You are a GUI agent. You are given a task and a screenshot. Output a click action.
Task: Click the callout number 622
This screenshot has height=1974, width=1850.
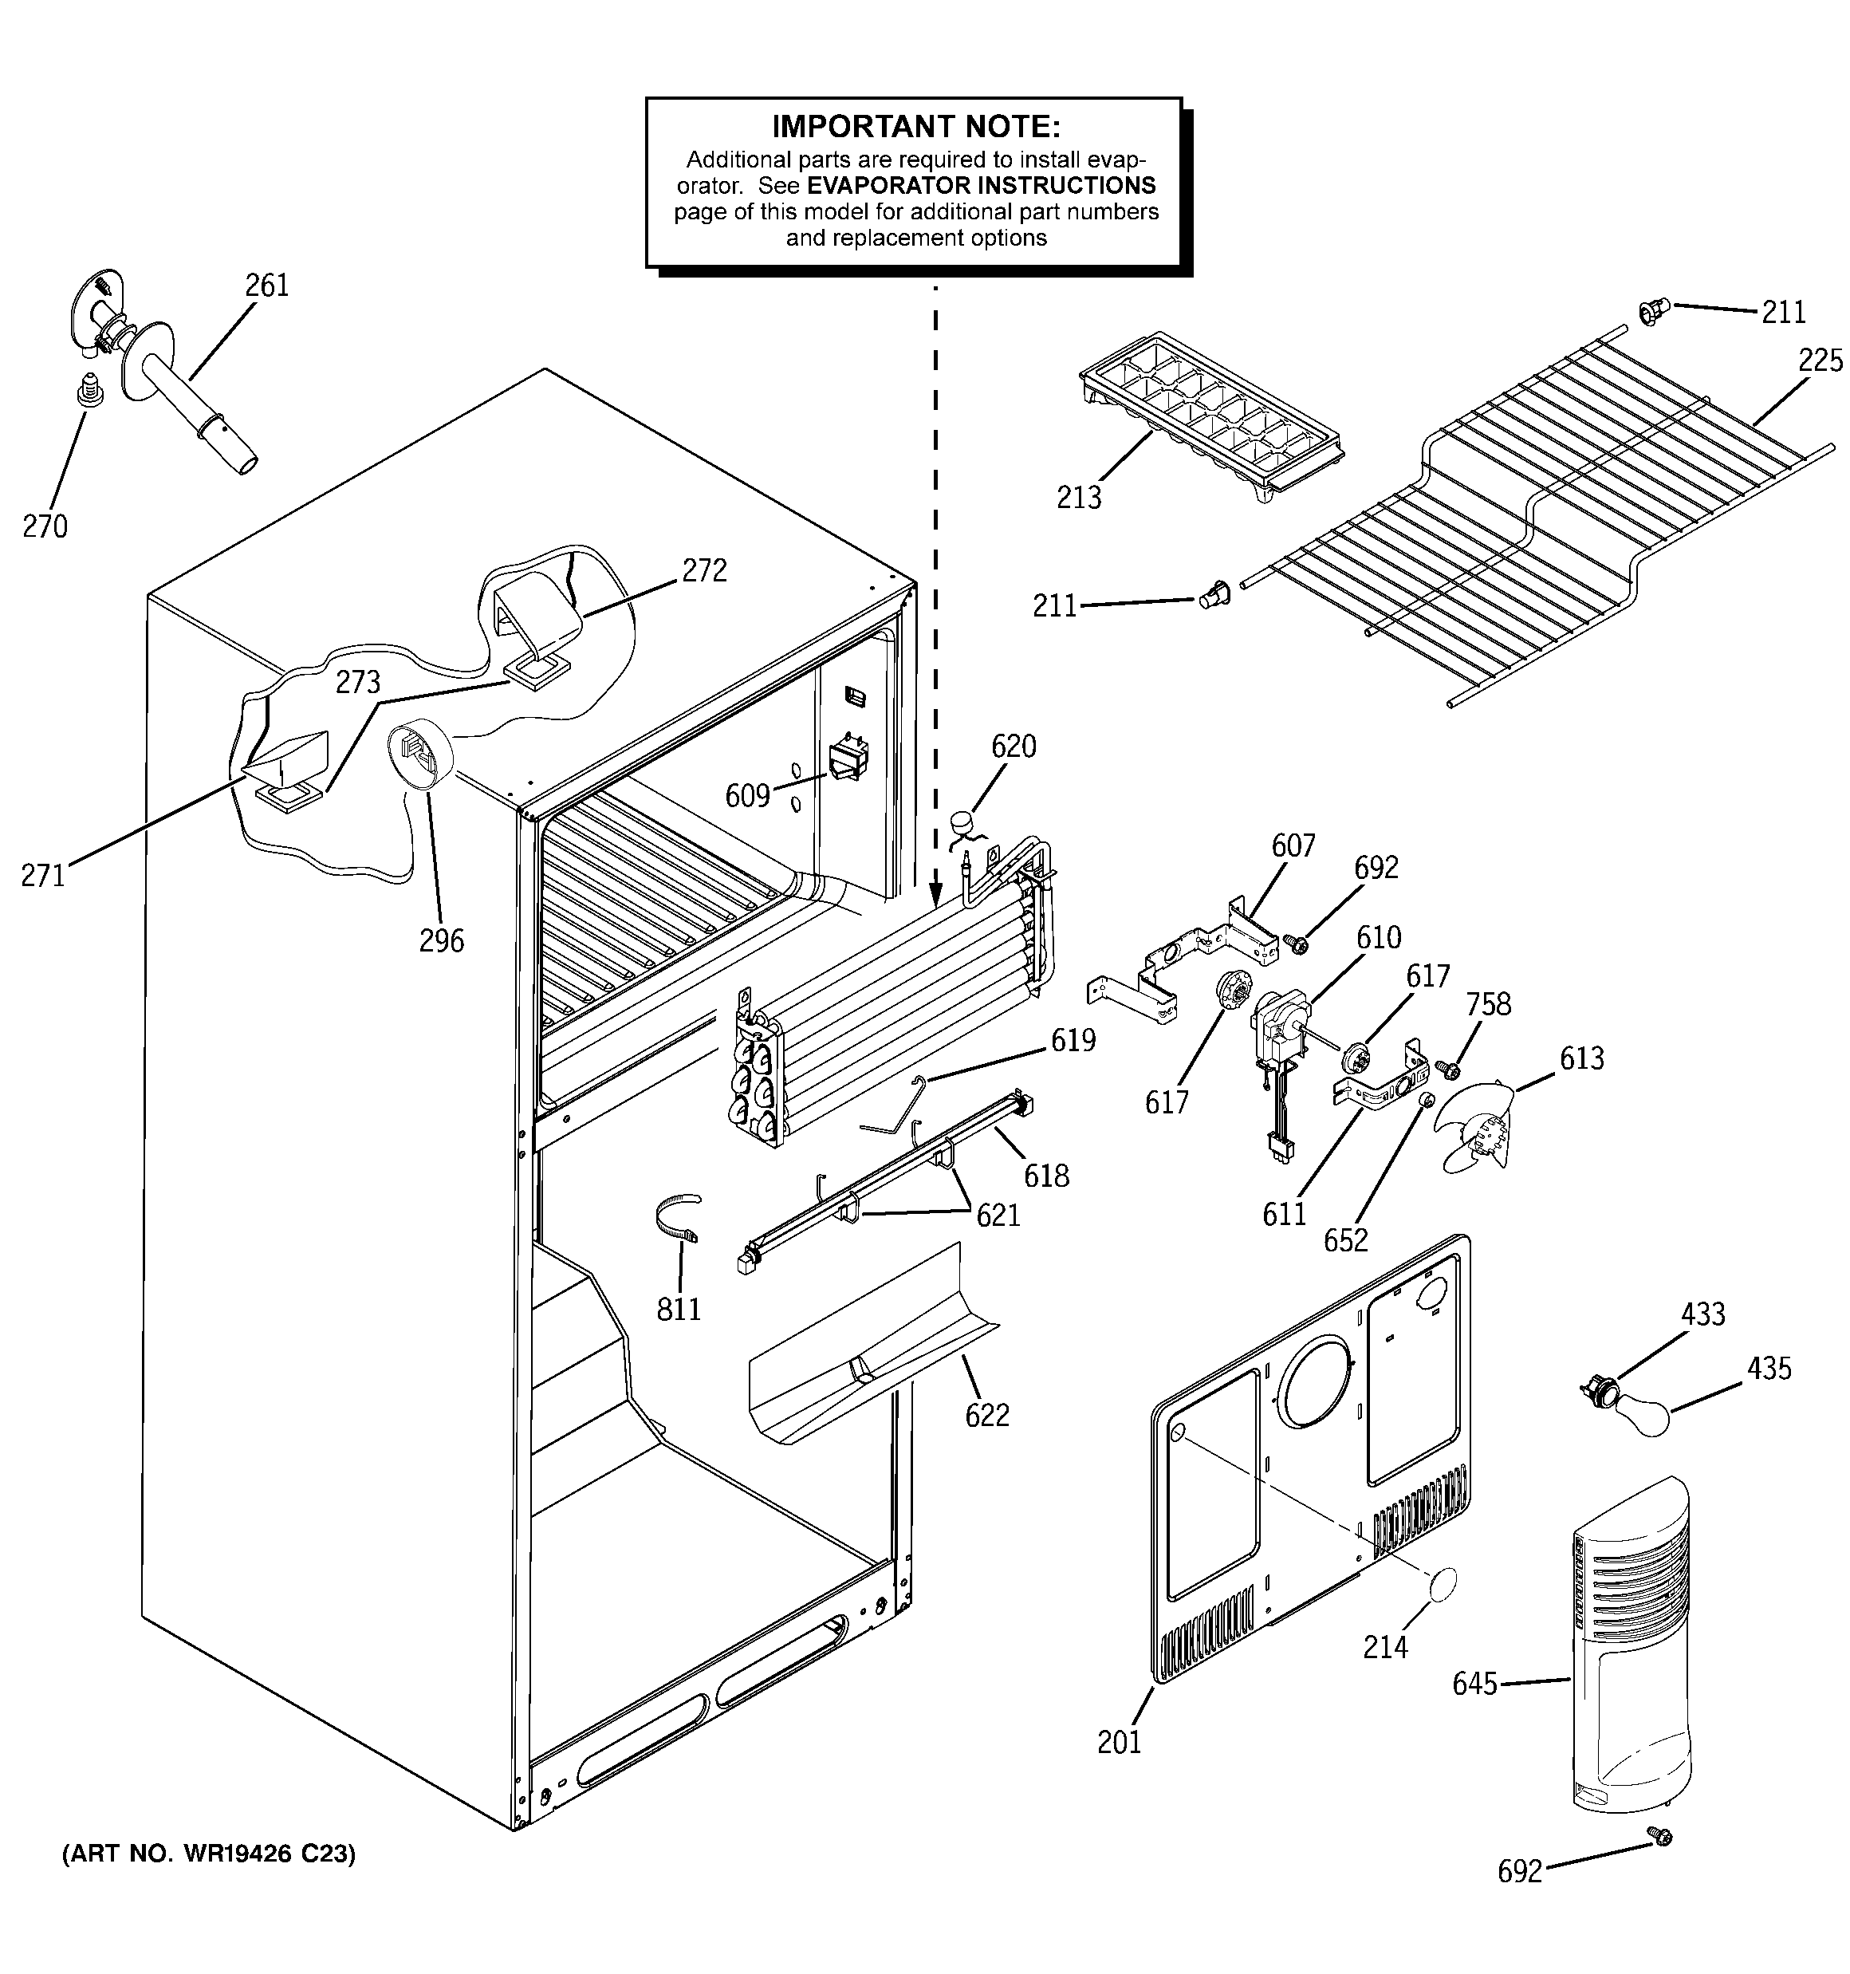pos(987,1415)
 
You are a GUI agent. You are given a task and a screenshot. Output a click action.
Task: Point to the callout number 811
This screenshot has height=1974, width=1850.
pos(679,1310)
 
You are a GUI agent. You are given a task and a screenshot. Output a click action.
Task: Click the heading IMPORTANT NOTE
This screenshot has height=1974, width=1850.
pos(915,126)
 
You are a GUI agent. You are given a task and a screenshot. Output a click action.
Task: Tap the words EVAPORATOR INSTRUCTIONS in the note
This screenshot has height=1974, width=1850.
pos(980,186)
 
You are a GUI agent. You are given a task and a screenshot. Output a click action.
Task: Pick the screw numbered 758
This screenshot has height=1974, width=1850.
pos(1449,1070)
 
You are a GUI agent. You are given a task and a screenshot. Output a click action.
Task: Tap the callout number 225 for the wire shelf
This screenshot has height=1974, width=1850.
pos(1819,361)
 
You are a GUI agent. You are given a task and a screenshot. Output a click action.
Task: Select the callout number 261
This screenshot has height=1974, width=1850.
pos(266,286)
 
